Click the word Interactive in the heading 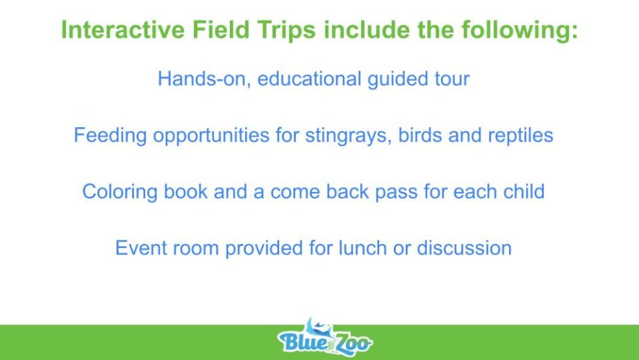click(x=123, y=30)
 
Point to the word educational click(x=309, y=79)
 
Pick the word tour click(x=452, y=79)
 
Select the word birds click(x=420, y=135)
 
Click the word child click(x=524, y=191)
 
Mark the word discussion click(x=464, y=248)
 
